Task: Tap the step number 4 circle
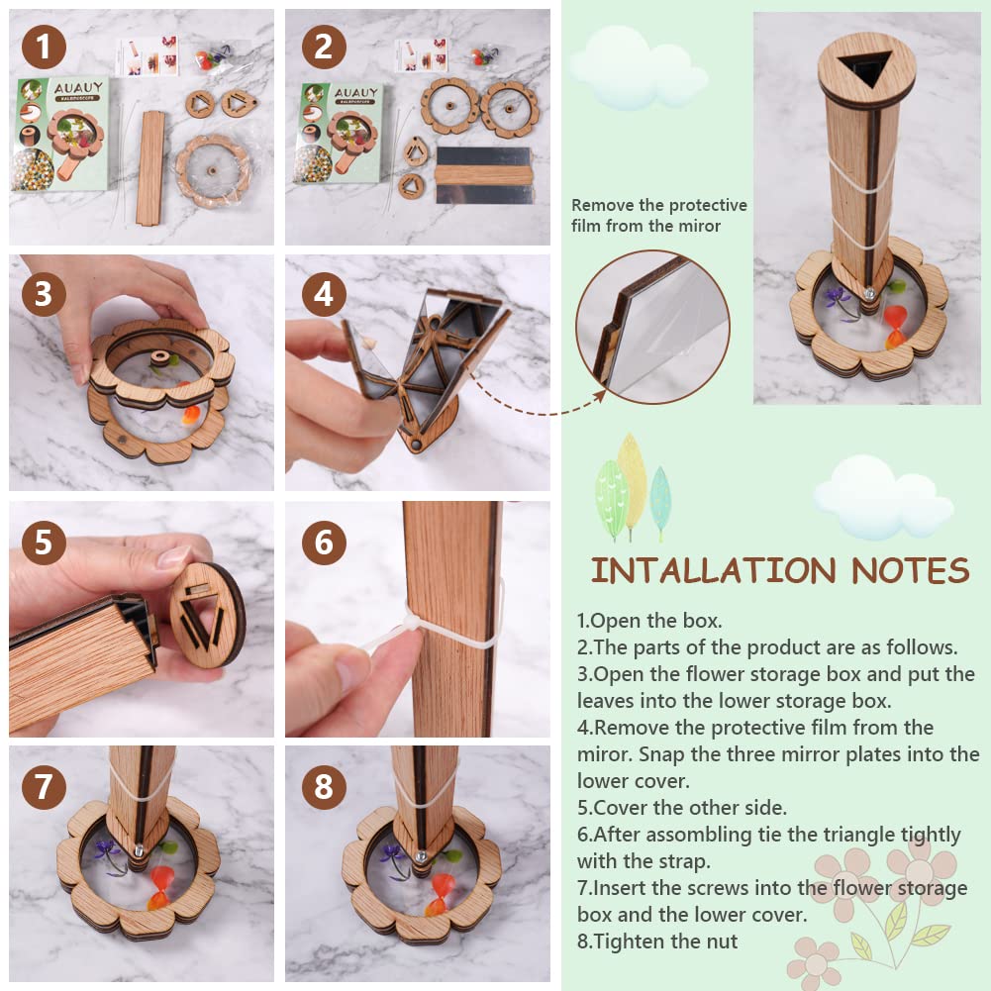(323, 294)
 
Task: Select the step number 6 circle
(324, 543)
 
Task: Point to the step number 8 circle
(323, 788)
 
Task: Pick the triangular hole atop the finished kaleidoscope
(866, 68)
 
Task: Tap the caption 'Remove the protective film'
(658, 215)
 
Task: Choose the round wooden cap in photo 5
(206, 615)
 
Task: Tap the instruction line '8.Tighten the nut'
(657, 941)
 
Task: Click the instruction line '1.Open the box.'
(649, 621)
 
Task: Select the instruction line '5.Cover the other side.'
(676, 807)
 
